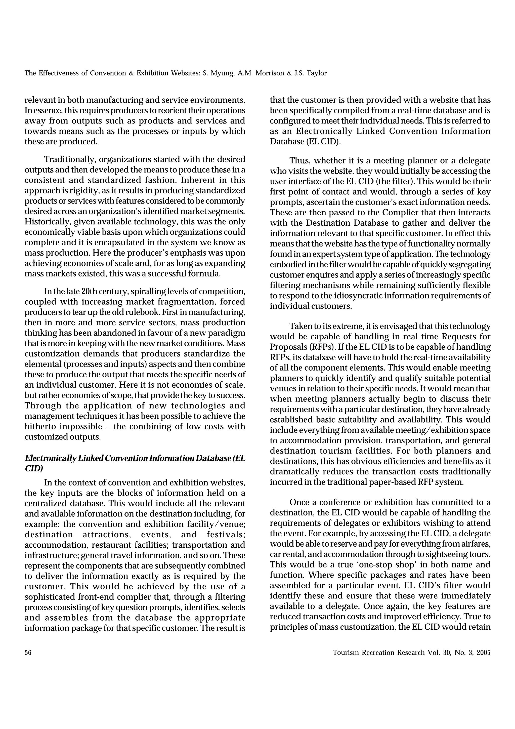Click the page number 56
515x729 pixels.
[28, 653]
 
